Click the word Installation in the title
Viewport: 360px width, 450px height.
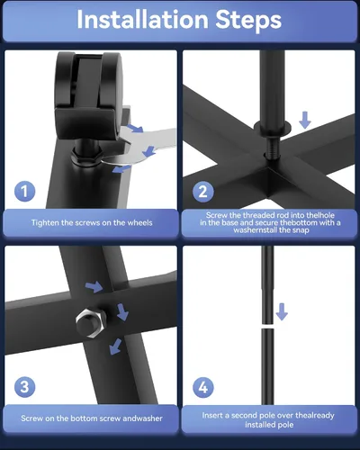click(x=142, y=20)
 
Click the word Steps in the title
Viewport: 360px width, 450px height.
click(x=248, y=21)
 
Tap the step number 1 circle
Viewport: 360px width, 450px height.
click(x=24, y=192)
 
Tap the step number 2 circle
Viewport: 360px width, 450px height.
click(x=203, y=192)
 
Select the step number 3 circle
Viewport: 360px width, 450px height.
click(x=24, y=387)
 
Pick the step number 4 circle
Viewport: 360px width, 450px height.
click(x=203, y=387)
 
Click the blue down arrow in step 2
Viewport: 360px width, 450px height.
click(x=305, y=120)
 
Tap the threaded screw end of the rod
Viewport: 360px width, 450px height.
click(x=273, y=146)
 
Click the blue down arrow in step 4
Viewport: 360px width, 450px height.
click(x=282, y=312)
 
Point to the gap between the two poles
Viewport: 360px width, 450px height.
click(x=267, y=326)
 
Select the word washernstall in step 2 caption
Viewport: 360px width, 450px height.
click(x=256, y=230)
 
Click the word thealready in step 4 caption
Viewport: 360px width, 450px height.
click(x=315, y=416)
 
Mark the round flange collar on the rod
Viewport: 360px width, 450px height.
click(x=273, y=128)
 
